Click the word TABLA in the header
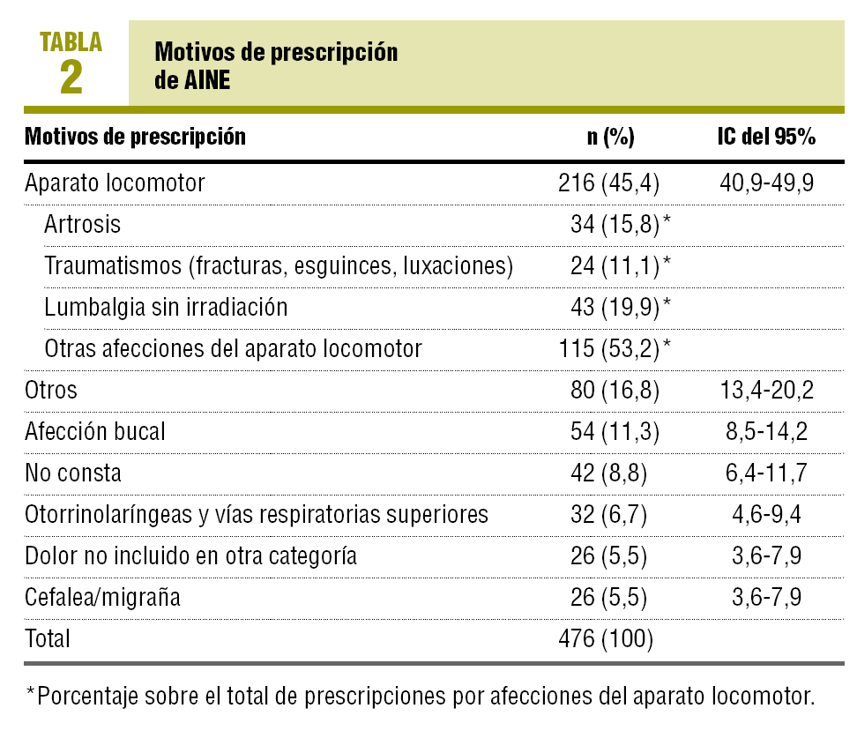71,41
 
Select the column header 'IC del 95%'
765,138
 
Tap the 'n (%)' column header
611,138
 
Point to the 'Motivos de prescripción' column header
135,138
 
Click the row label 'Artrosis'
82,225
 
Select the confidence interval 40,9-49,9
765,183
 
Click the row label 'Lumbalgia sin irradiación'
166,307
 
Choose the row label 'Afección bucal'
95,432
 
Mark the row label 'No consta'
73,473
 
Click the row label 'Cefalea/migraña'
103,598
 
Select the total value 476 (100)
606,638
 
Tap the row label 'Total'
48,638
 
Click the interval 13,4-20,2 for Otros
765,391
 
